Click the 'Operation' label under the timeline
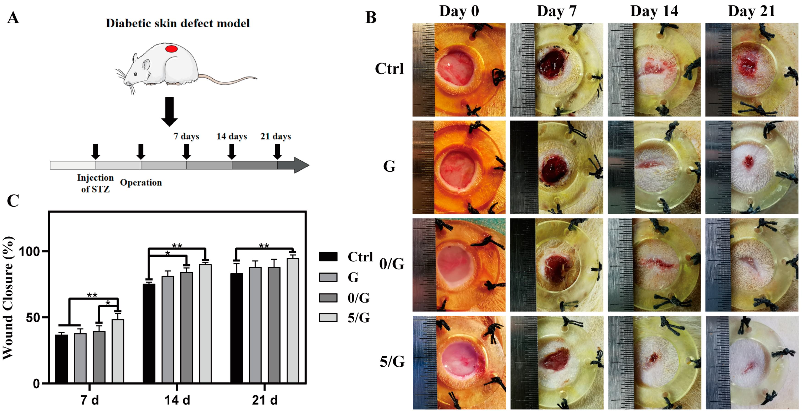pyautogui.click(x=141, y=182)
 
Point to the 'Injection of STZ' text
pyautogui.click(x=95, y=183)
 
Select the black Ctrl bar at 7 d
pyautogui.click(x=61, y=358)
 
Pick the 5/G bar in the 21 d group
pyautogui.click(x=293, y=321)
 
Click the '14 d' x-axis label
pyautogui.click(x=177, y=400)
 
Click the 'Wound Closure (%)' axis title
pyautogui.click(x=8, y=298)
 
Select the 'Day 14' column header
pyautogui.click(x=654, y=11)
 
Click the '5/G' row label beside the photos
pyautogui.click(x=392, y=362)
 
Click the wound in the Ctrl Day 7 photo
pyautogui.click(x=553, y=65)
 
